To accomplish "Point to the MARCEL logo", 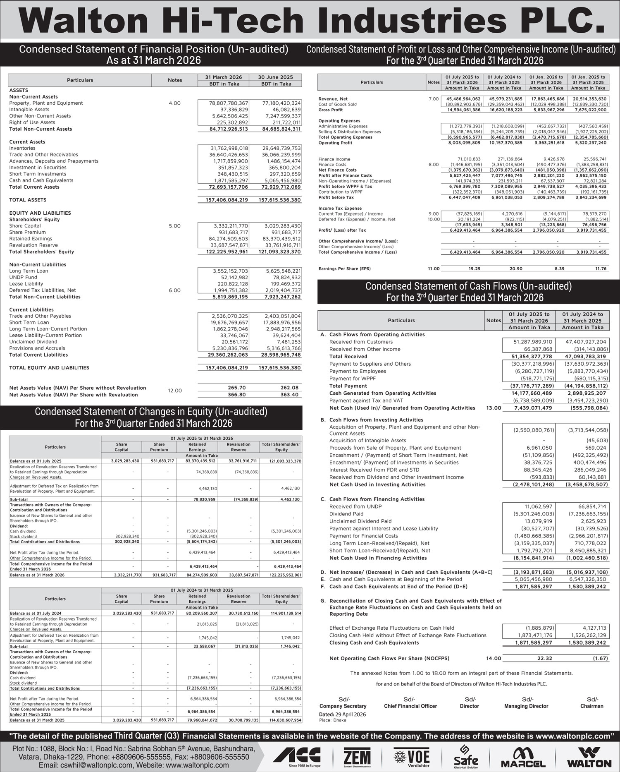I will coord(523,756).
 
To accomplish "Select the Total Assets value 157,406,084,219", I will coord(227,200).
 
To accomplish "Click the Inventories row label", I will coord(22,148).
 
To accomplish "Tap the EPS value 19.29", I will coord(474,269).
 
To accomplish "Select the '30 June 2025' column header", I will coord(275,77).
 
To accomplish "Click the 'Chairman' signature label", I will coord(591,706).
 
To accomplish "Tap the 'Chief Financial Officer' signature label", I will coord(410,706).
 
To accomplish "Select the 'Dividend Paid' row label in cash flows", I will coord(346,514).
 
